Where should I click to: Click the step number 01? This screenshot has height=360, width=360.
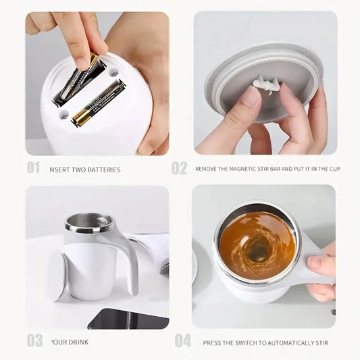(33, 168)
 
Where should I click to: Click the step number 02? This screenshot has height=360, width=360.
(179, 168)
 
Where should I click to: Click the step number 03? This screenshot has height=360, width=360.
(34, 340)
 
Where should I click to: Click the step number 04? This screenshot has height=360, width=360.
(182, 340)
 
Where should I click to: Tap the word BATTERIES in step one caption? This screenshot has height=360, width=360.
(105, 170)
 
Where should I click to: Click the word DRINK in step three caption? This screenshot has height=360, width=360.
(78, 342)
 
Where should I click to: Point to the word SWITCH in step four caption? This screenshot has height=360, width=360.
(249, 342)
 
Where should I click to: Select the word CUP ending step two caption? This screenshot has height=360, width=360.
(332, 169)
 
